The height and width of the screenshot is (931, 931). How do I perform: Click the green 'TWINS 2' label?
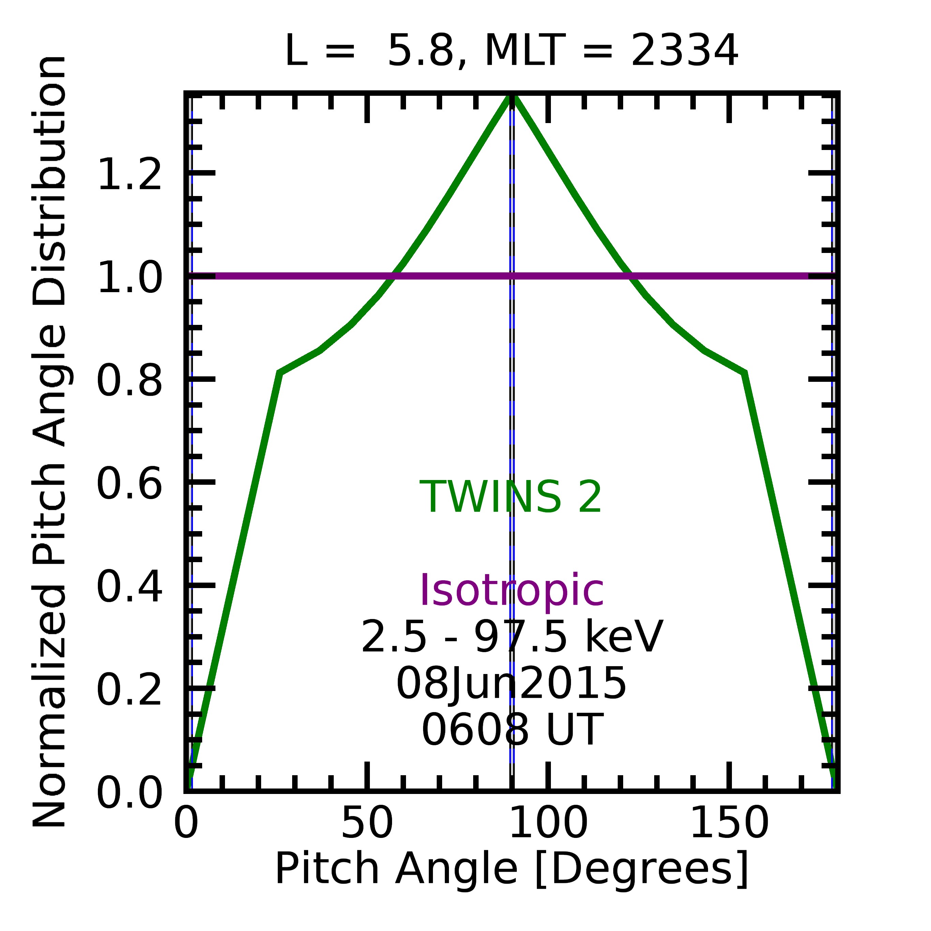511,497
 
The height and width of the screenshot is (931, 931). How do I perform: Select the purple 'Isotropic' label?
512,591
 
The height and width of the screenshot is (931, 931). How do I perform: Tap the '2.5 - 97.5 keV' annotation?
512,637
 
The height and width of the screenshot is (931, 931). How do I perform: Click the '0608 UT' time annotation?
512,730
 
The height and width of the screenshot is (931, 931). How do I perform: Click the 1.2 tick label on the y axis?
130,175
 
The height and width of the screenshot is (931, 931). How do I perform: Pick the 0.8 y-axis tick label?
130,381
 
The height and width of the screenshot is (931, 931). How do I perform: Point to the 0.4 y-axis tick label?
130,587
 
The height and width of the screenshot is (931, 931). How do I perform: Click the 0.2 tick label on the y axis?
130,690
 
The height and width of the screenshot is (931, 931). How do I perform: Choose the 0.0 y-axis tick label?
130,793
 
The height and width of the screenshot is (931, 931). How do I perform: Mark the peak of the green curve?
512,96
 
